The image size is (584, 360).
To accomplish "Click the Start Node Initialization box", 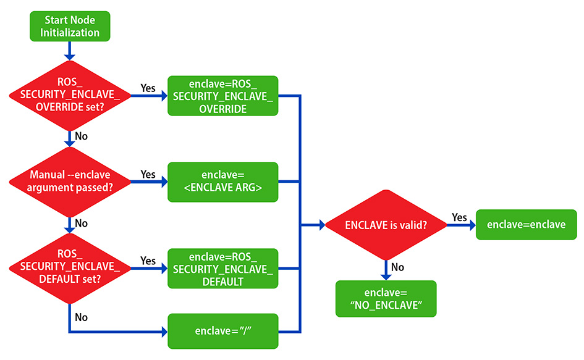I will [x=69, y=27].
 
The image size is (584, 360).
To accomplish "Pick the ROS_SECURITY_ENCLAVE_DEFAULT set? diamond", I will [x=69, y=267].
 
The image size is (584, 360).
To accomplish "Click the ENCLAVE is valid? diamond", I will [x=386, y=225].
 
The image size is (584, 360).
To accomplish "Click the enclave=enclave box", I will [x=526, y=225].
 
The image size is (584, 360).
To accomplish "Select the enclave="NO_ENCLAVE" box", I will [x=386, y=299].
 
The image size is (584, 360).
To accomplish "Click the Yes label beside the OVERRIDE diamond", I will [x=148, y=88].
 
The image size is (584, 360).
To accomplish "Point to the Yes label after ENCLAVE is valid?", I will [x=459, y=217].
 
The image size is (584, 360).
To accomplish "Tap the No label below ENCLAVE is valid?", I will [x=398, y=267].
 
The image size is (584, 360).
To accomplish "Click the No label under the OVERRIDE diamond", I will [x=80, y=135].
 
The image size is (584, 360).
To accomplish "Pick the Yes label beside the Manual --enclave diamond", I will [x=148, y=174].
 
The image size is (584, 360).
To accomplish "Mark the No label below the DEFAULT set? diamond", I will [x=80, y=317].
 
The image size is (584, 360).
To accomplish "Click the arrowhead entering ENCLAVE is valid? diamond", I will [x=321, y=225].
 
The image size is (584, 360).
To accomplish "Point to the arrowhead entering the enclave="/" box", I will [x=164, y=332].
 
